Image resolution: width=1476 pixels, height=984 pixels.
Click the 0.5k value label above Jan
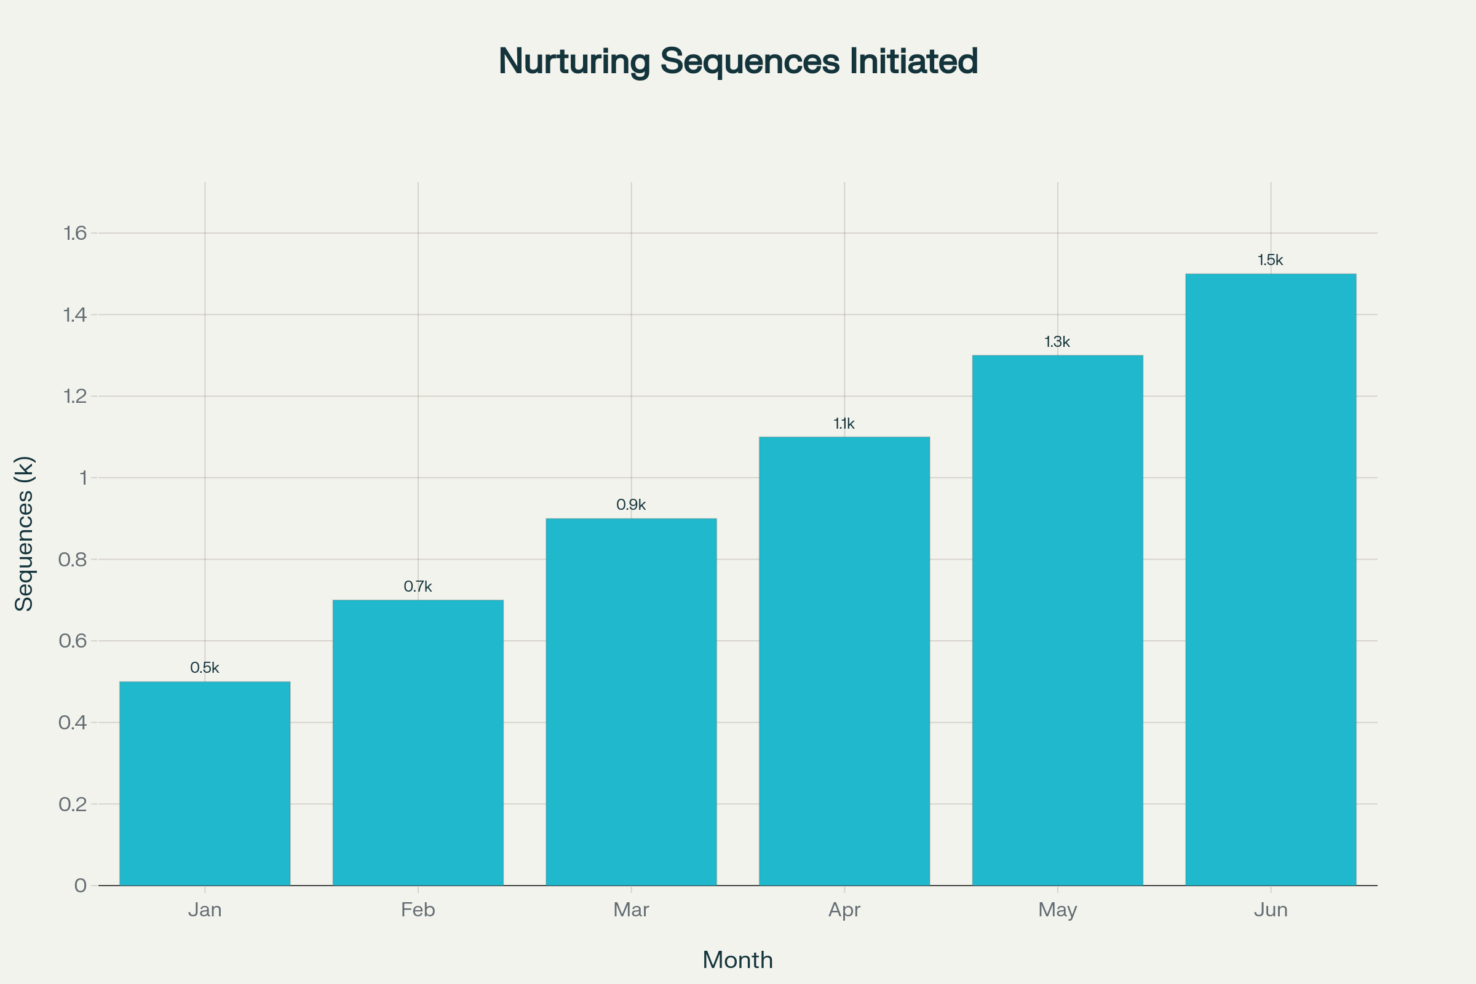(205, 668)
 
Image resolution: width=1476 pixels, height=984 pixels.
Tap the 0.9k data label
(631, 504)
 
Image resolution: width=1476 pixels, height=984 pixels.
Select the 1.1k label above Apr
(844, 424)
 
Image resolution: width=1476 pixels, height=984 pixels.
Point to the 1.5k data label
(1270, 260)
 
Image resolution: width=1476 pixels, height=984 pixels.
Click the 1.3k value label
(1057, 342)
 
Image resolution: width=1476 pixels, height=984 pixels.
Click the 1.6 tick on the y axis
(75, 234)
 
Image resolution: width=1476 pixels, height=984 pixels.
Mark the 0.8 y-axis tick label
(73, 560)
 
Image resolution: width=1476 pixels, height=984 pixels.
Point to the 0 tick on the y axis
(81, 886)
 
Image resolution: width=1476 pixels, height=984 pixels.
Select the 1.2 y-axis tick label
(75, 397)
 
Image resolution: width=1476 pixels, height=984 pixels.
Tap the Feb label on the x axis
(418, 910)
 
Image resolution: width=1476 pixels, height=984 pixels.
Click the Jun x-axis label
(1270, 910)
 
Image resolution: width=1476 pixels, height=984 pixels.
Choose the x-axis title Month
(737, 960)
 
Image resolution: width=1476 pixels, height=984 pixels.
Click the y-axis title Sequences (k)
(24, 533)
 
